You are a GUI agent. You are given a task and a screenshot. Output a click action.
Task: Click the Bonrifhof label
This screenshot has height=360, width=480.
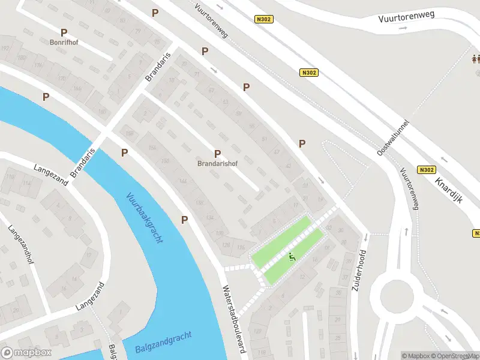tap(64, 43)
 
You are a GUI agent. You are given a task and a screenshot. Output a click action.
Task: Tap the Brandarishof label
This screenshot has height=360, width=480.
tap(217, 163)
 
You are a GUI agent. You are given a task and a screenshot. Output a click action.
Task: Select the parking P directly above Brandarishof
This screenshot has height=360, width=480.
tap(217, 154)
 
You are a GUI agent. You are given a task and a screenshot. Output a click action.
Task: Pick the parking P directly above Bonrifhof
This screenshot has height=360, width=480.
tap(64, 32)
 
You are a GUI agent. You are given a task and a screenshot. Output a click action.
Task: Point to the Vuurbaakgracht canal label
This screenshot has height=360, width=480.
tap(145, 217)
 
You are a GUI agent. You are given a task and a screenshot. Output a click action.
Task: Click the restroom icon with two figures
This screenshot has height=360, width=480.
tap(476, 59)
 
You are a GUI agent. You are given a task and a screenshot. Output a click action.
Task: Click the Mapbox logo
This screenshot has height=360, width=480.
tap(26, 353)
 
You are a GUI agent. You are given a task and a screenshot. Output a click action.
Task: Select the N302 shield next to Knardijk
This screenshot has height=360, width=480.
tap(427, 170)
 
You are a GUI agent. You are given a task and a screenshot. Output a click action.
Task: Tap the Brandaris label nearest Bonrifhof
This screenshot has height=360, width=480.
tap(158, 67)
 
